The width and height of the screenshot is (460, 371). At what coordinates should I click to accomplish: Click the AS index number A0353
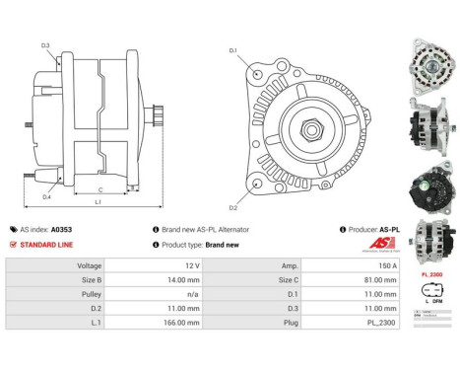click(x=62, y=229)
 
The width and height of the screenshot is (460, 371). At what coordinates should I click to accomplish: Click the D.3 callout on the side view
click(x=46, y=45)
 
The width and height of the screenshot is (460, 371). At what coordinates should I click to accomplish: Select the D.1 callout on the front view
click(x=233, y=50)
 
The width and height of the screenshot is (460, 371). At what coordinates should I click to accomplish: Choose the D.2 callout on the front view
click(x=233, y=207)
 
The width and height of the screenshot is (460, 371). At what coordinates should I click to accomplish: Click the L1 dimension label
click(x=98, y=202)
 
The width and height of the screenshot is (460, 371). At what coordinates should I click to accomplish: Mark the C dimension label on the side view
click(x=101, y=189)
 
